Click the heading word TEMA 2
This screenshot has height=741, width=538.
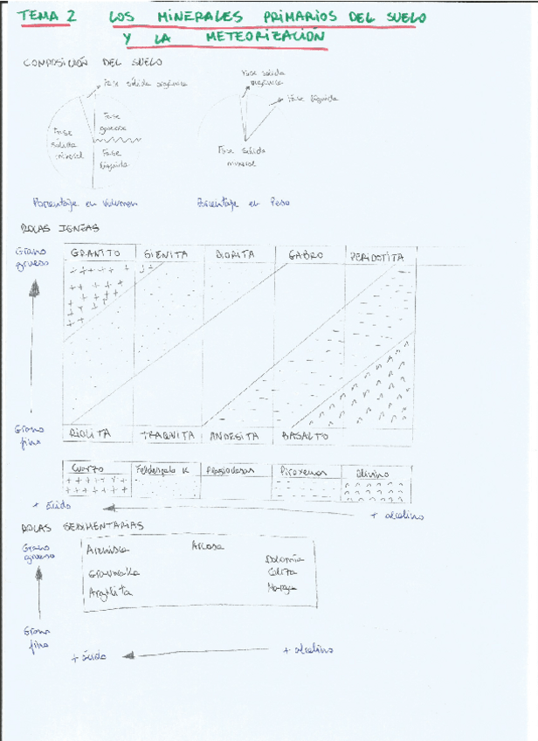(x=47, y=17)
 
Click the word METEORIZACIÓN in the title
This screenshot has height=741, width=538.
(x=266, y=38)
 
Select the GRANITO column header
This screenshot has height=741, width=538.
(x=96, y=253)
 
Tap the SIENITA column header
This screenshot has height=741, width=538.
(x=166, y=254)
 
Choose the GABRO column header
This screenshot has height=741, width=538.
(x=306, y=256)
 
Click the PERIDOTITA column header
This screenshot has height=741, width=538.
(x=377, y=257)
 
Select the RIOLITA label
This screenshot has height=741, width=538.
(x=91, y=433)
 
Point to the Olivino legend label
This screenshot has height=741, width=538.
(x=374, y=473)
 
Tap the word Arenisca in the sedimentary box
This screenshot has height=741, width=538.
(x=108, y=550)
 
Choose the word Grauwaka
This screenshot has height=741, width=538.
(x=114, y=573)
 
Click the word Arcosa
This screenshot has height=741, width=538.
(x=207, y=546)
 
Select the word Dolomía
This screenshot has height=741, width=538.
(x=283, y=557)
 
